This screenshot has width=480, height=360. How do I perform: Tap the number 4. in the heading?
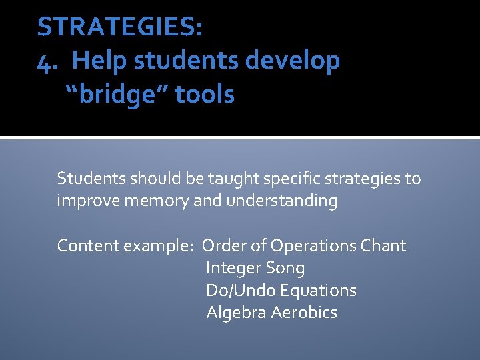tap(48, 61)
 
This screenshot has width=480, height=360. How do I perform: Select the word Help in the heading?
tap(100, 61)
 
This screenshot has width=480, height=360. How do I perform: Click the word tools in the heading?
tap(205, 95)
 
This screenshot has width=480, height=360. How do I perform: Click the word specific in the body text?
tap(278, 179)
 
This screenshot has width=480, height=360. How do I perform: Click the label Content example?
tap(125, 246)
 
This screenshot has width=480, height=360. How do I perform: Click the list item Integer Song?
tap(255, 269)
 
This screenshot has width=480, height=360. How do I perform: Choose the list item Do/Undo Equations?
tap(281, 291)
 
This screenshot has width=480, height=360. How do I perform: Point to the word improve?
tap(85, 201)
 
